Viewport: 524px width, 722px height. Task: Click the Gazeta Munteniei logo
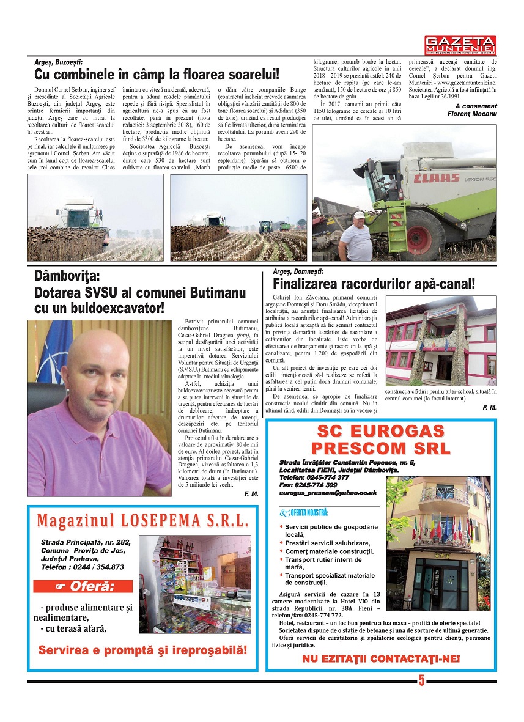[x=460, y=45]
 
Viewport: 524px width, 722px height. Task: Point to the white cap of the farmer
[x=359, y=215]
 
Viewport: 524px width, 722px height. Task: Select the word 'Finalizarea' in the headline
[x=313, y=284]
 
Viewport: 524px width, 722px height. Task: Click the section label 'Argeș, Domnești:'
[x=298, y=271]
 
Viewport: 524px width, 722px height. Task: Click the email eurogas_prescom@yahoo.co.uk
[x=328, y=492]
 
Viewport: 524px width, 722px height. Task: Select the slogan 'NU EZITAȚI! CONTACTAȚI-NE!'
[x=380, y=660]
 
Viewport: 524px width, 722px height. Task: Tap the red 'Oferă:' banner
[x=83, y=586]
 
